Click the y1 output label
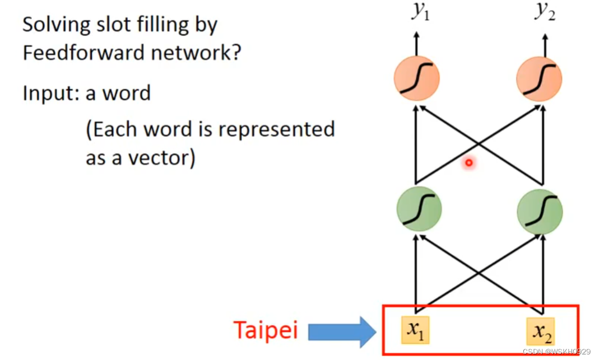click(420, 12)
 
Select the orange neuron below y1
click(416, 78)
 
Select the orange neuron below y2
click(538, 78)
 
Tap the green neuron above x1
click(419, 208)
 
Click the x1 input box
click(415, 330)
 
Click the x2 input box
click(541, 331)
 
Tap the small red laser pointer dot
click(469, 163)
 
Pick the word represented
click(277, 130)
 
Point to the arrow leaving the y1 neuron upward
click(416, 43)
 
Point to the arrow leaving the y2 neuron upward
click(544, 43)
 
